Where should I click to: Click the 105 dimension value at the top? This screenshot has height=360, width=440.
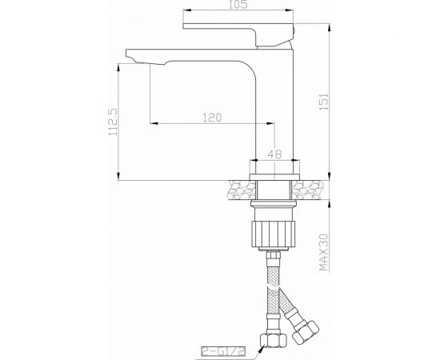coord(234,7)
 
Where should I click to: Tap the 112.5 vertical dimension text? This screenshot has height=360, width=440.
coord(113,122)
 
